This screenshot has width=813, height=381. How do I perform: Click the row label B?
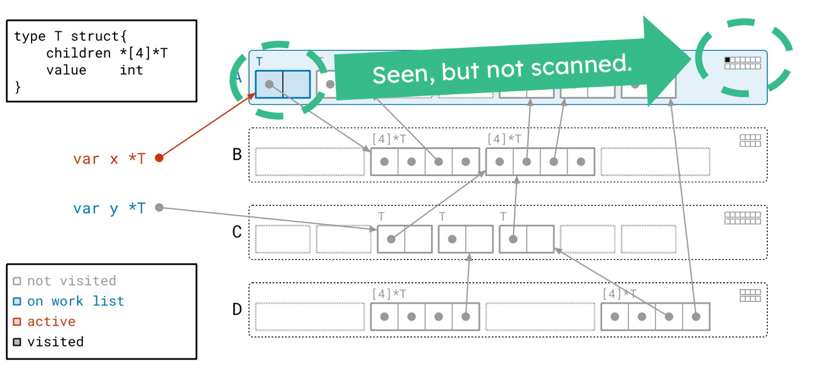point(237,155)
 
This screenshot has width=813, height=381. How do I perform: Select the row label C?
point(237,232)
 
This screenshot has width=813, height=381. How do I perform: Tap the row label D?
point(237,309)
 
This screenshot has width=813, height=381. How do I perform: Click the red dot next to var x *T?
point(159,158)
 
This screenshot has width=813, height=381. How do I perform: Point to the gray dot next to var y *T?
point(159,208)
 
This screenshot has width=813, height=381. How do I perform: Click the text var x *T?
point(109,159)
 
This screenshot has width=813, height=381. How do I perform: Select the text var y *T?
point(109,208)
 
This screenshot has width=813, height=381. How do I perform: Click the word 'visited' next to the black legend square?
point(55,341)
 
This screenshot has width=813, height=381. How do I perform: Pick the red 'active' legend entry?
point(51,321)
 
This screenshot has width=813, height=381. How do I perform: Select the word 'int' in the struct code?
point(132,70)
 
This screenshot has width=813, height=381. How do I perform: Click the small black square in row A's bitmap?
point(728,59)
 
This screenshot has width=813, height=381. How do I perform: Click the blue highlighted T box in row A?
point(282,84)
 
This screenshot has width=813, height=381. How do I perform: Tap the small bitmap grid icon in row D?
point(750,296)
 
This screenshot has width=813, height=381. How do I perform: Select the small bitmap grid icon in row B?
point(750,141)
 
